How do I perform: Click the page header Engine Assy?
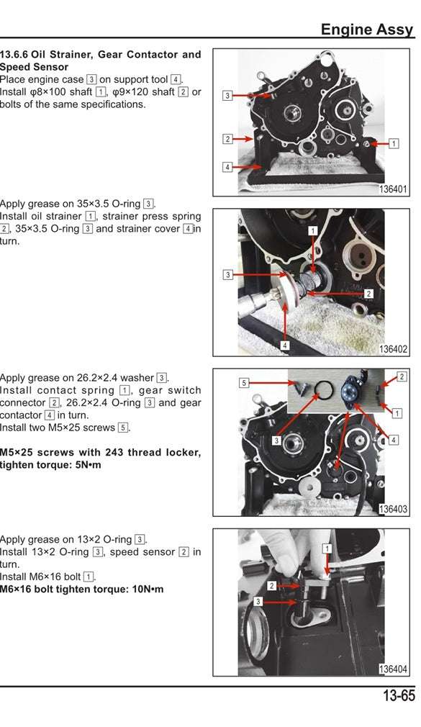pos(367,30)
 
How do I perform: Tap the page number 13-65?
pos(398,696)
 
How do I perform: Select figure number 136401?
pos(394,190)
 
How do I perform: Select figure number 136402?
pos(394,350)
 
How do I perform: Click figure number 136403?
pos(394,510)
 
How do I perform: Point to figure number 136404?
pos(394,669)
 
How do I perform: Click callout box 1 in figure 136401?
pos(394,143)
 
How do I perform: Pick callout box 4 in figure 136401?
pos(227,167)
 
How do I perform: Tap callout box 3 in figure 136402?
pos(227,274)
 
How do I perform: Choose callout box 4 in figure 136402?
pos(285,346)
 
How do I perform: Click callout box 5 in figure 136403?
pos(244,382)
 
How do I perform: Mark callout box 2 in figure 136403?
pos(402,376)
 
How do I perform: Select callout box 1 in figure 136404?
pos(327,548)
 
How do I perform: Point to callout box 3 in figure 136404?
pos(258,601)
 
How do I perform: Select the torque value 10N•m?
pos(145,589)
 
